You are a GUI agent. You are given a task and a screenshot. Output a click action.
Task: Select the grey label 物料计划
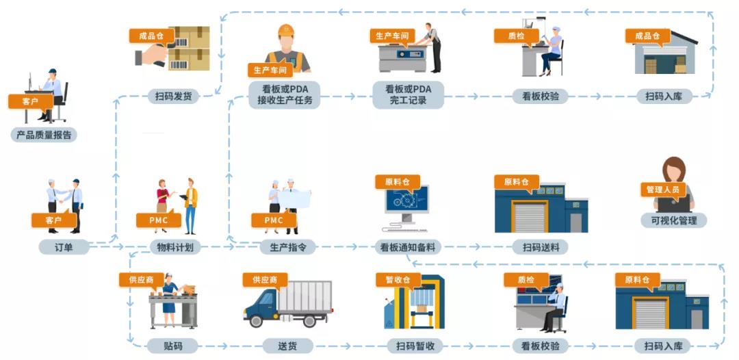tap(175, 246)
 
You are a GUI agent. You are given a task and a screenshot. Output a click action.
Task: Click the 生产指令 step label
tap(287, 246)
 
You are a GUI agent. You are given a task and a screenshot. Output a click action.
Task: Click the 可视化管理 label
tap(673, 220)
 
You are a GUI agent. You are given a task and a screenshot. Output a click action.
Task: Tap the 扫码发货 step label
tap(173, 96)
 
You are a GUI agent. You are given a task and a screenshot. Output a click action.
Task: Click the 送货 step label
tap(287, 346)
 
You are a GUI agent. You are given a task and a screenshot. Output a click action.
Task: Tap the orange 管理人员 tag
tap(664, 189)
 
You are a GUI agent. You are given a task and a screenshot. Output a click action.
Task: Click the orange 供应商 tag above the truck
tap(265, 280)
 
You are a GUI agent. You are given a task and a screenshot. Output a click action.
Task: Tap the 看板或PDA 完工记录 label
tap(408, 95)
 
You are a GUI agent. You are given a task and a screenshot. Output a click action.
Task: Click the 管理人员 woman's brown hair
tap(673, 168)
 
